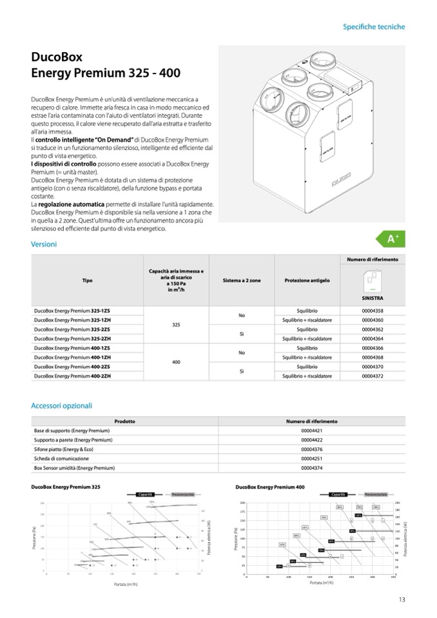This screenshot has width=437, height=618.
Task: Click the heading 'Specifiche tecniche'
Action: point(374,27)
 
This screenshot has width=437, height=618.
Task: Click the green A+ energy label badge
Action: point(393,239)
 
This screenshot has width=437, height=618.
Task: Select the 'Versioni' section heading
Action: point(44,244)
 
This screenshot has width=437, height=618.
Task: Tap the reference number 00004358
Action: point(373,311)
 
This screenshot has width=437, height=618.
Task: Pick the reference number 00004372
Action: point(373,376)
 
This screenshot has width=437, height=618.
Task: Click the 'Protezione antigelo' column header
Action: point(307,281)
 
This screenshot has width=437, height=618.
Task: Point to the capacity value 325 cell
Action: point(176,325)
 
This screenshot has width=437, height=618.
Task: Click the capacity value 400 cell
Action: point(176,362)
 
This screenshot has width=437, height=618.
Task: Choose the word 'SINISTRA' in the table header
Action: point(373,299)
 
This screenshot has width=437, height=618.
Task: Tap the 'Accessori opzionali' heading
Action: point(61,406)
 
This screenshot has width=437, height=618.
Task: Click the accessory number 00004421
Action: point(311,430)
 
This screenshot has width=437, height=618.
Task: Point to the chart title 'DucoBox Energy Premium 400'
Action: point(270,487)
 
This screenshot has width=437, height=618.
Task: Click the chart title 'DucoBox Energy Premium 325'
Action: point(65,487)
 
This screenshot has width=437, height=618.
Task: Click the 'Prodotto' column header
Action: point(124,421)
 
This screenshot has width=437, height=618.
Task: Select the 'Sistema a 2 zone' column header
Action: point(242,281)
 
